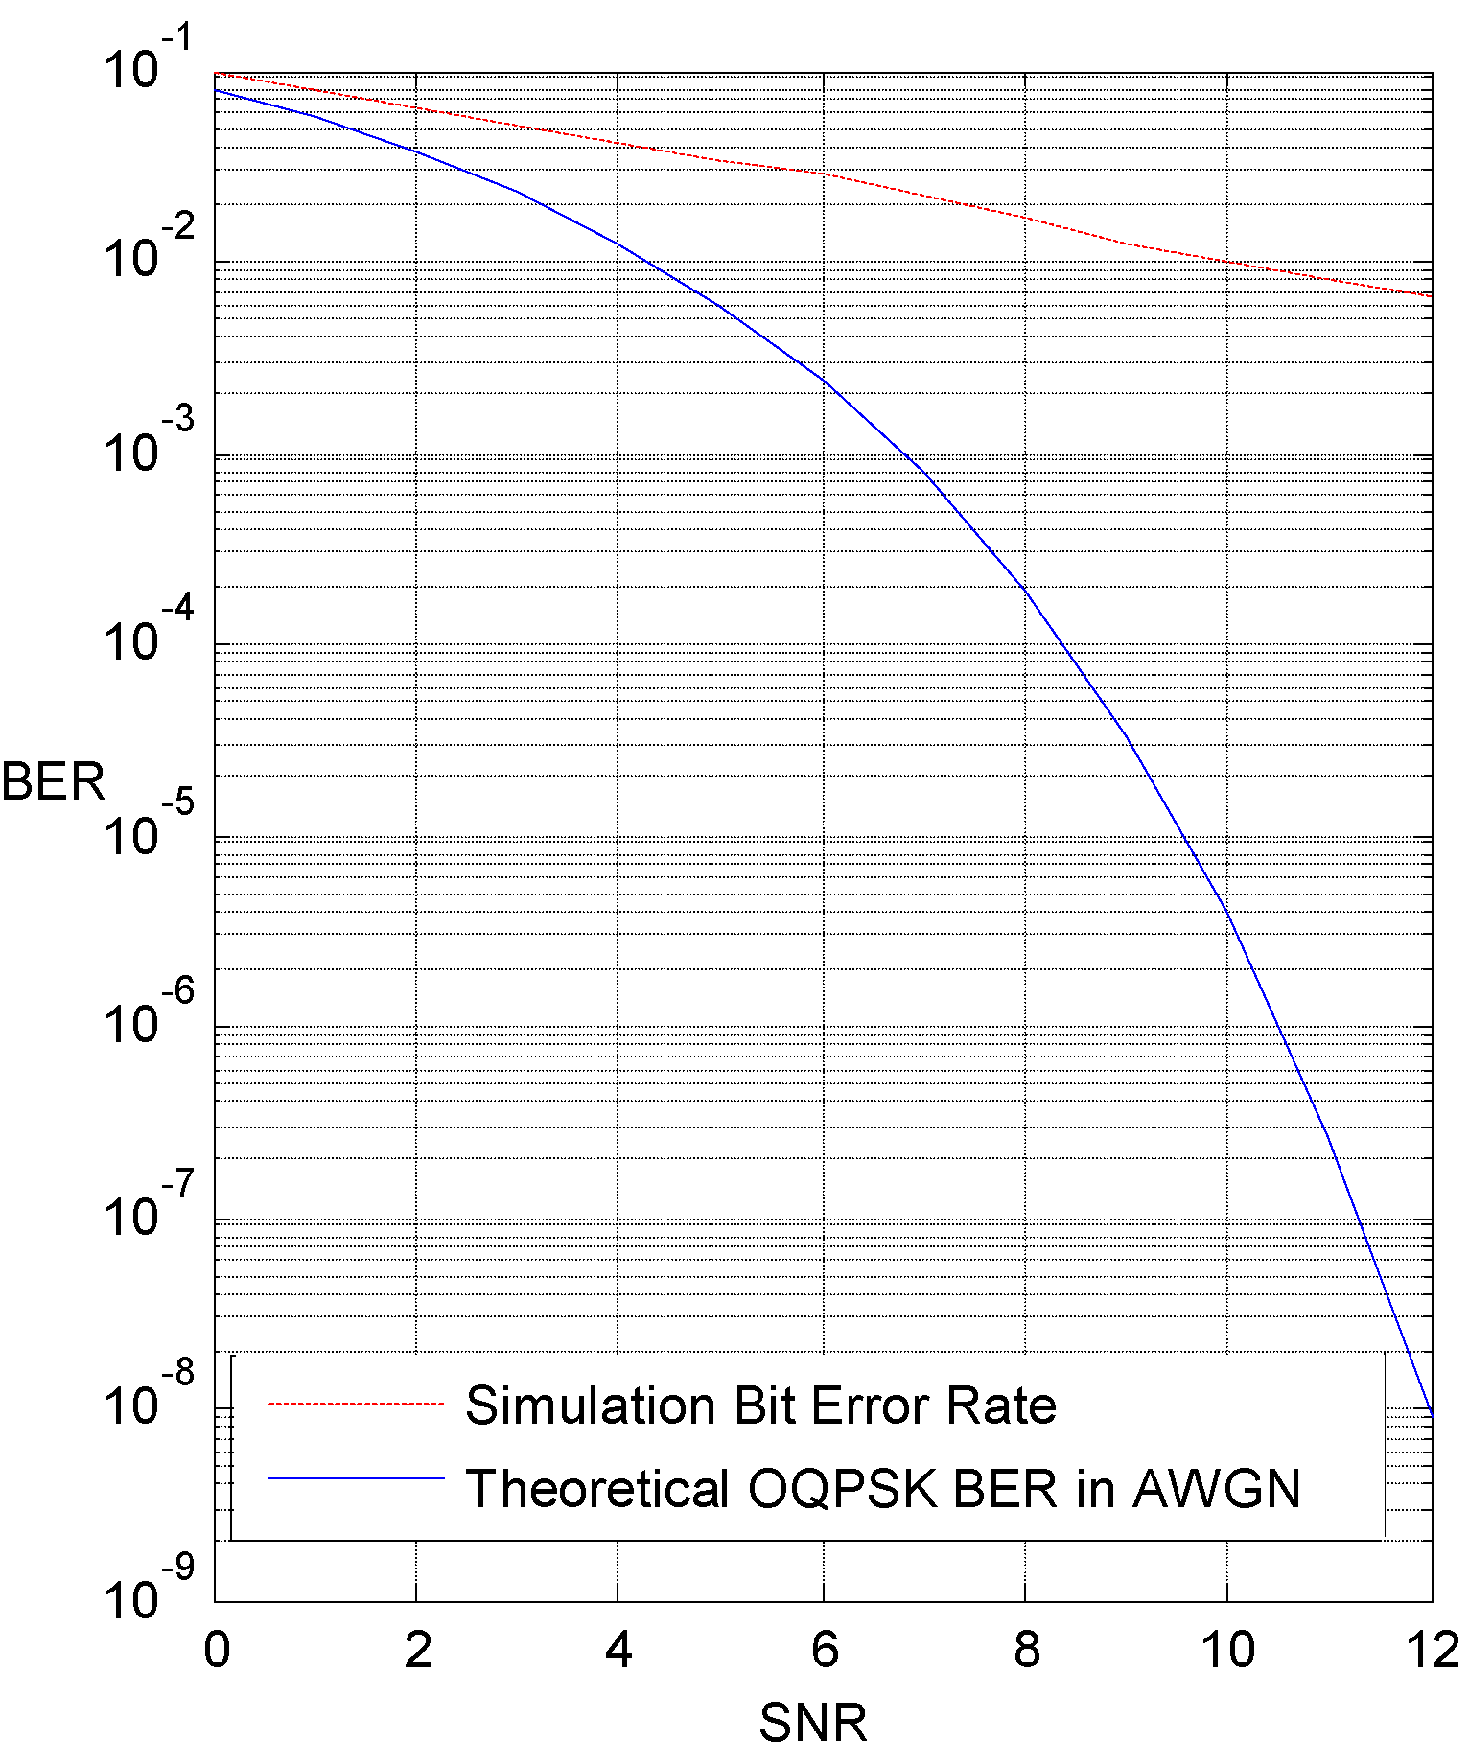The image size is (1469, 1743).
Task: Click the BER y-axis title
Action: click(x=53, y=781)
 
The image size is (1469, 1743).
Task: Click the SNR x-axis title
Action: click(x=813, y=1720)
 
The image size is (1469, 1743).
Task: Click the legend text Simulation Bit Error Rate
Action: click(x=760, y=1406)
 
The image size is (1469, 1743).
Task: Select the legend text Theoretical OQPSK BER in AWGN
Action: click(x=882, y=1489)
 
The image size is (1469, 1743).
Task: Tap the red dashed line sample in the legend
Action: click(x=356, y=1404)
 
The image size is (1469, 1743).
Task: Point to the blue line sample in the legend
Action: click(x=356, y=1478)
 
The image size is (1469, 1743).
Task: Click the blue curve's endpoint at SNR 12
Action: click(x=1432, y=1414)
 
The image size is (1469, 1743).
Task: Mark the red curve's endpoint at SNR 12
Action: click(x=1432, y=295)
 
